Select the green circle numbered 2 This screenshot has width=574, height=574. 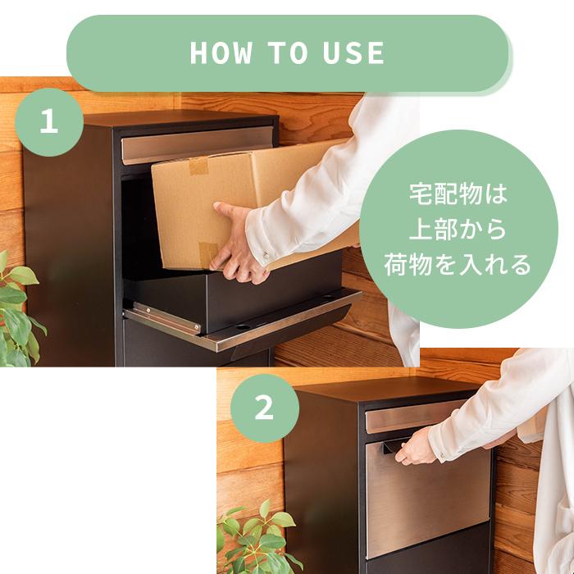click(264, 408)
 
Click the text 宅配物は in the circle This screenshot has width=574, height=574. click(458, 195)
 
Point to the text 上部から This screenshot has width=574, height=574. click(458, 230)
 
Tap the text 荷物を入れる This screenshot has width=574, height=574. click(458, 265)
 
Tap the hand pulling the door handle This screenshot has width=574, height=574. click(416, 446)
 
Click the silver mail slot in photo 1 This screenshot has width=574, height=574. click(197, 144)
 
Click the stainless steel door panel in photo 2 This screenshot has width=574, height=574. click(426, 500)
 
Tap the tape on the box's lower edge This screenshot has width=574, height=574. click(207, 253)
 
